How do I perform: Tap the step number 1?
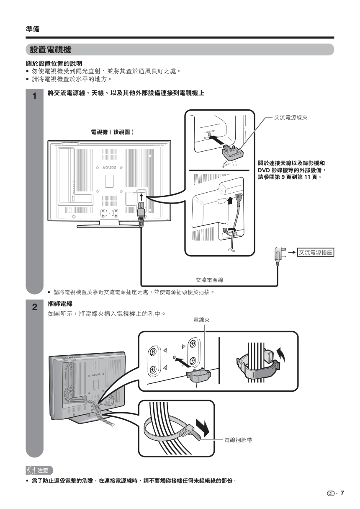pos(34,96)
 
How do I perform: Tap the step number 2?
pos(34,307)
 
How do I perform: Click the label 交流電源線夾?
pos(291,118)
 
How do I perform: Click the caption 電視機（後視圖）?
pos(113,132)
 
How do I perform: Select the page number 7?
pos(342,493)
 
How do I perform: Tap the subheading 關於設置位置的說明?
pos(54,63)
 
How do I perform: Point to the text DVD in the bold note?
pos(265,170)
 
